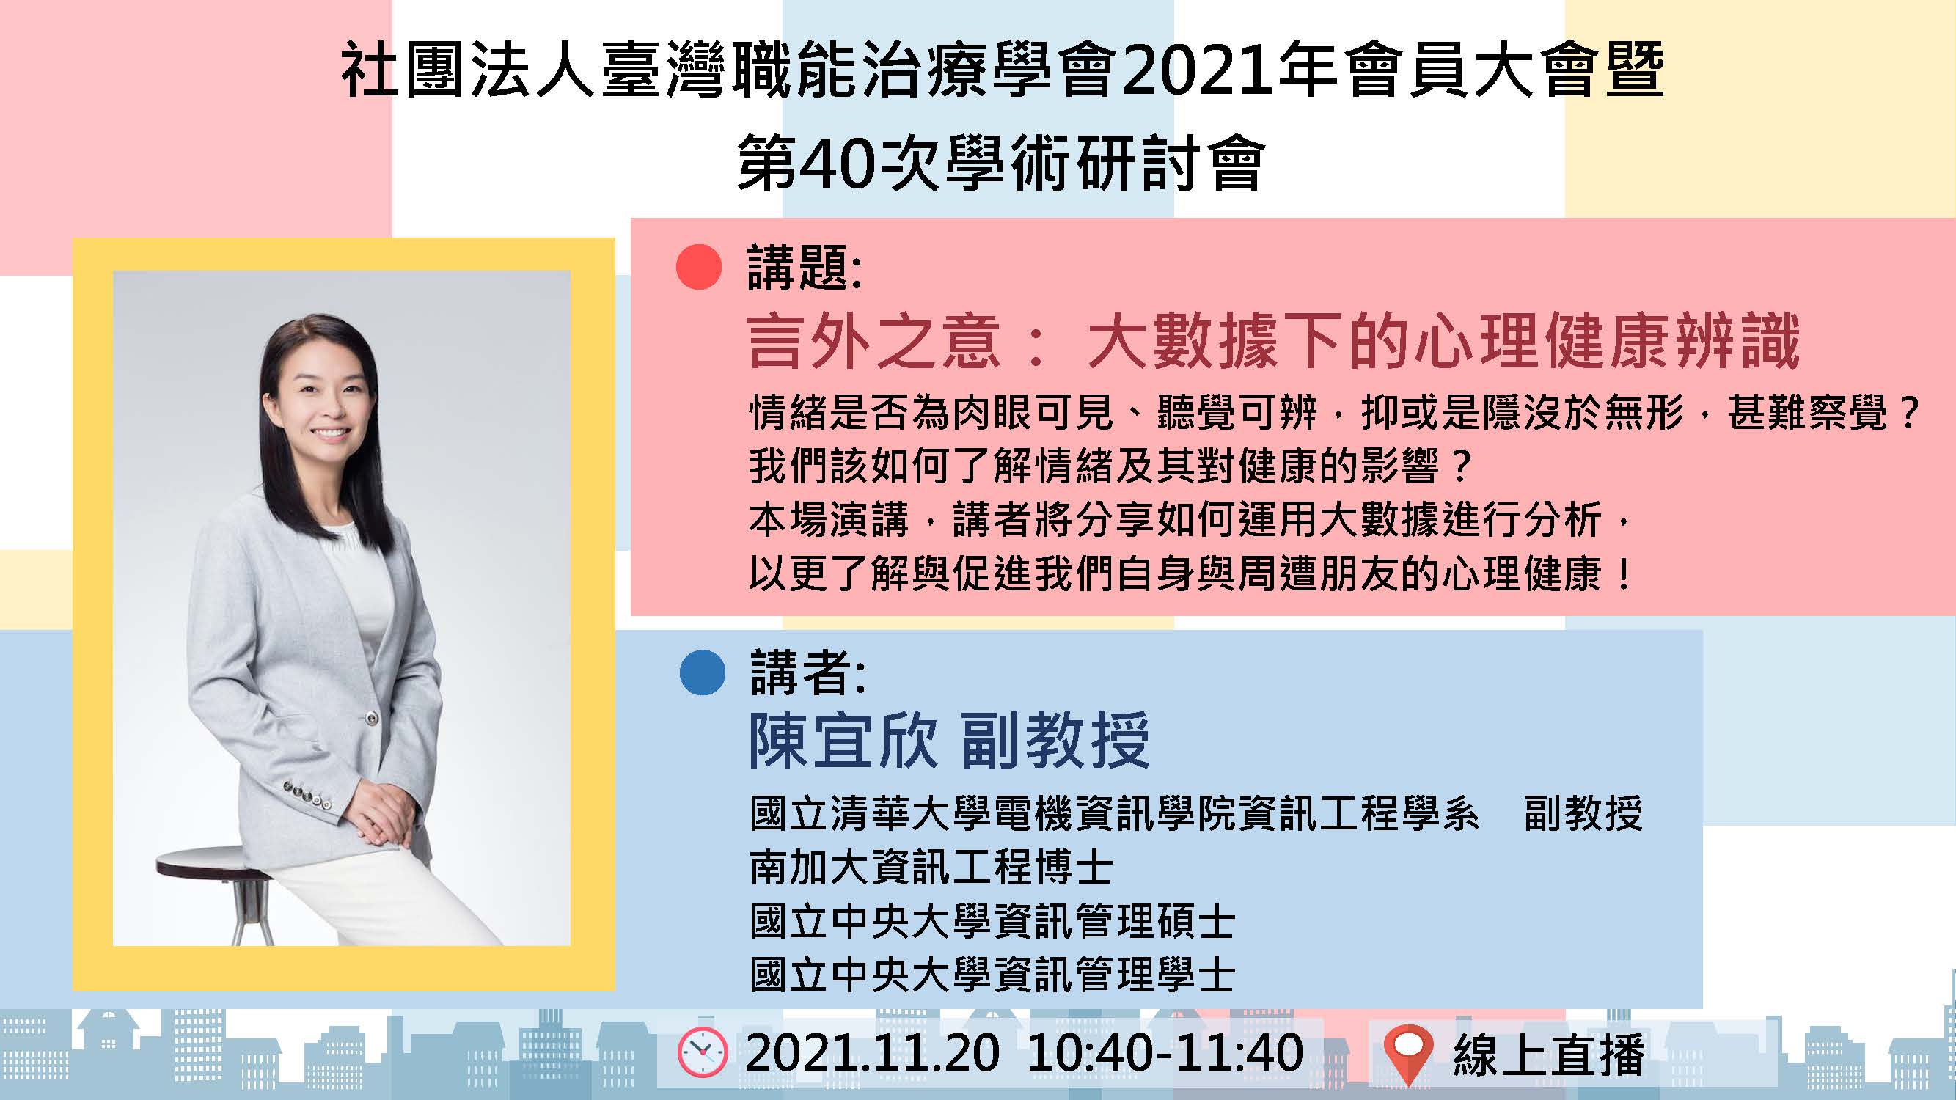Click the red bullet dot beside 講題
pyautogui.click(x=697, y=267)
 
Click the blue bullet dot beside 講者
pyautogui.click(x=703, y=672)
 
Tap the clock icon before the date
pyautogui.click(x=703, y=1052)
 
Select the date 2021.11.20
pyautogui.click(x=873, y=1053)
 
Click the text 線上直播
pyautogui.click(x=1549, y=1054)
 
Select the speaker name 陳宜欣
pyautogui.click(x=843, y=740)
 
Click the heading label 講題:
pyautogui.click(x=805, y=267)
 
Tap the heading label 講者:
pyautogui.click(x=808, y=672)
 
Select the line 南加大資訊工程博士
pyautogui.click(x=931, y=867)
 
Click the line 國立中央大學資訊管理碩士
pyautogui.click(x=992, y=922)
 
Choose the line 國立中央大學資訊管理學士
pyautogui.click(x=992, y=975)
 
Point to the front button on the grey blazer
pyautogui.click(x=372, y=716)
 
